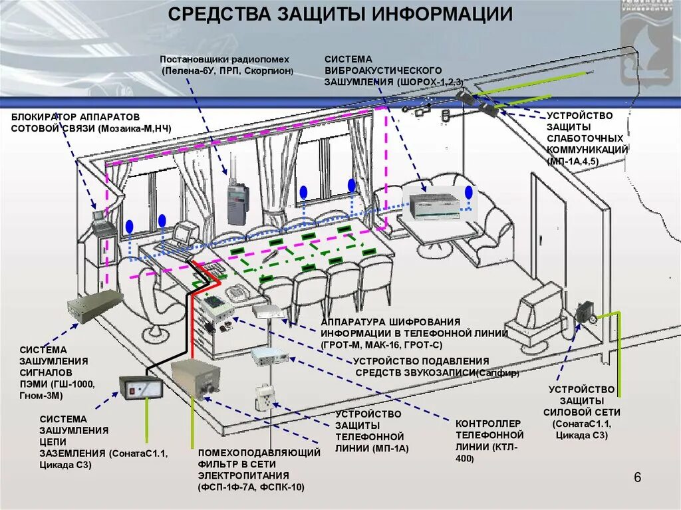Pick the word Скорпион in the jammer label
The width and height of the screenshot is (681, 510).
tap(270, 70)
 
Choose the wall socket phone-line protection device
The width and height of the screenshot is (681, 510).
tap(264, 398)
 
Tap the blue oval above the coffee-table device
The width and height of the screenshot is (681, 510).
tap(468, 193)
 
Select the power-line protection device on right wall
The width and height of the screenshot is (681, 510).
tap(586, 313)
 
